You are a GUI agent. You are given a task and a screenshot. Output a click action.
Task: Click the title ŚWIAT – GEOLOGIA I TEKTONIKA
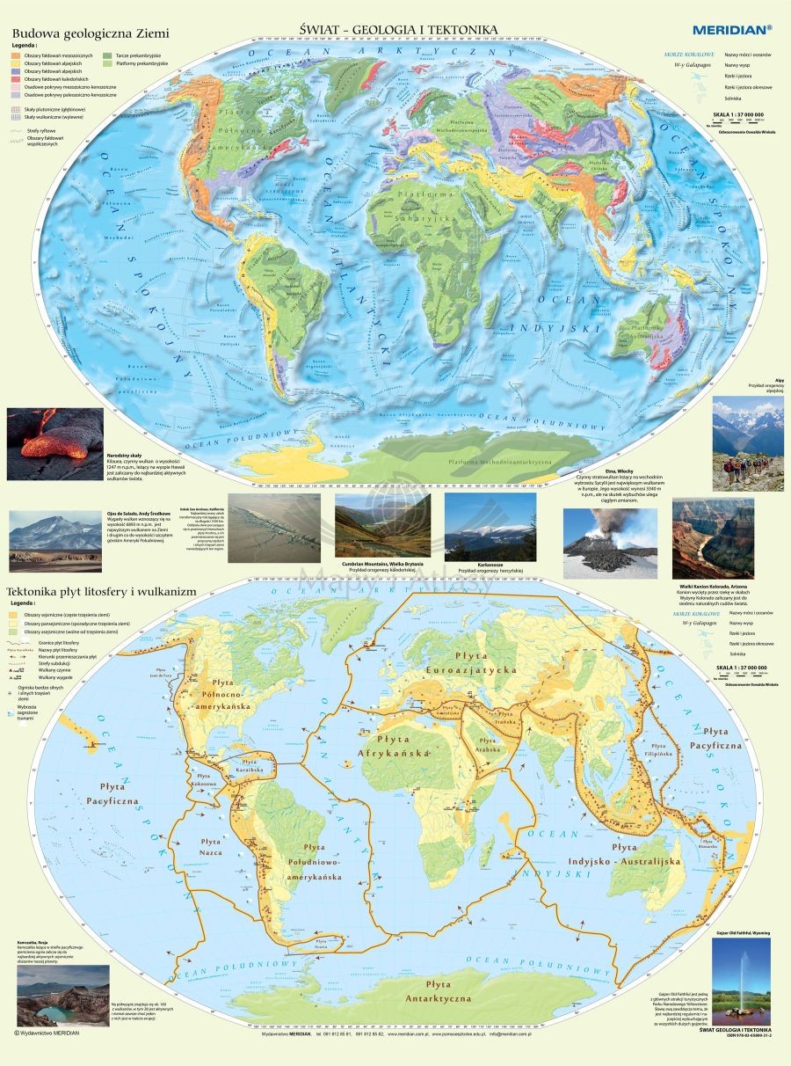[x=398, y=30]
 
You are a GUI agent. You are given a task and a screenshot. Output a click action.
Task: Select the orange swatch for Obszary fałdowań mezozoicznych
[x=16, y=55]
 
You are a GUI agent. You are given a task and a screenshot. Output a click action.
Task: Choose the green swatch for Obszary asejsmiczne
[x=16, y=633]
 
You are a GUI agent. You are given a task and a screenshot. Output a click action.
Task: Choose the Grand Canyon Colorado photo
[x=713, y=538]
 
